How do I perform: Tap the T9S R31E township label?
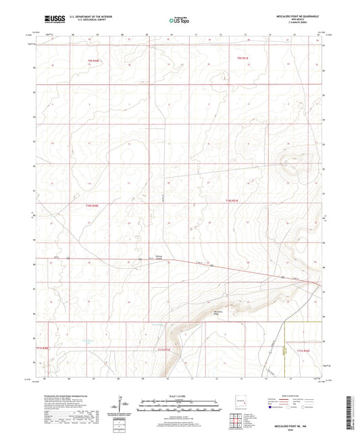(243, 59)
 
